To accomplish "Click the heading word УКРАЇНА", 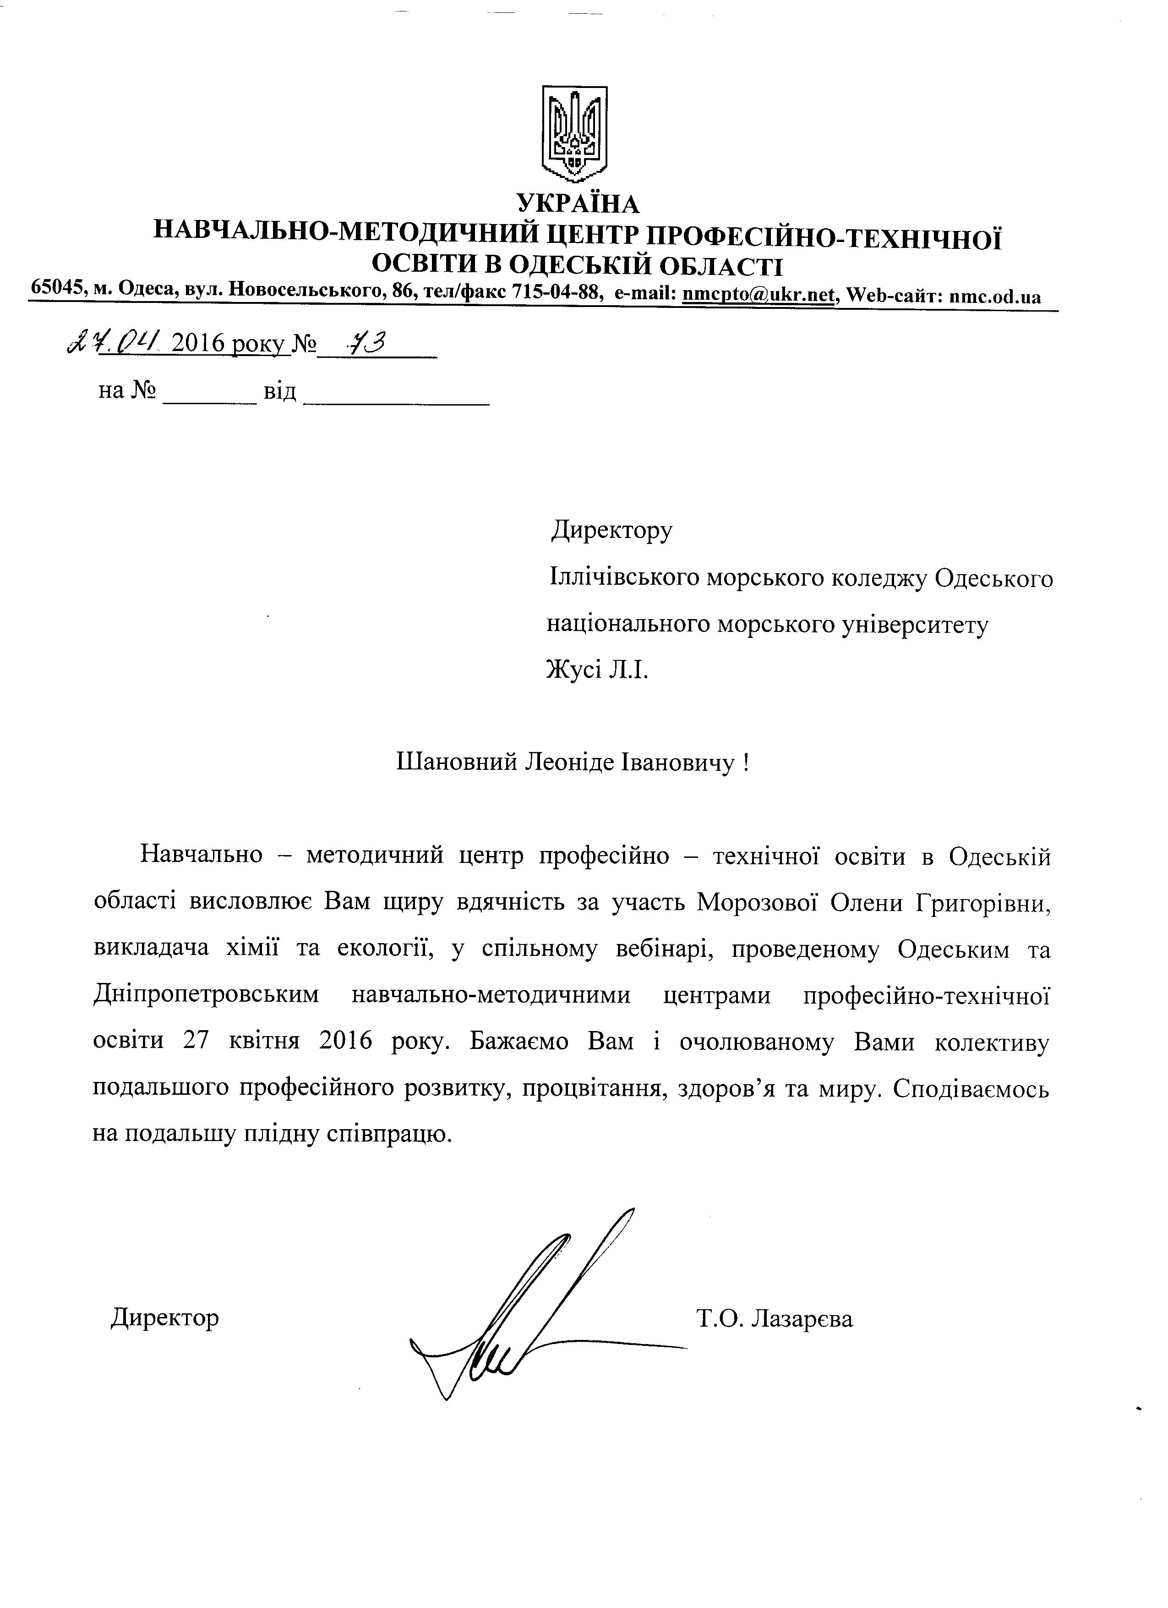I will click(x=578, y=203).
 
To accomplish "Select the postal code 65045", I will click(x=59, y=289).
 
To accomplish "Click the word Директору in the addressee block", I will click(x=611, y=530).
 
